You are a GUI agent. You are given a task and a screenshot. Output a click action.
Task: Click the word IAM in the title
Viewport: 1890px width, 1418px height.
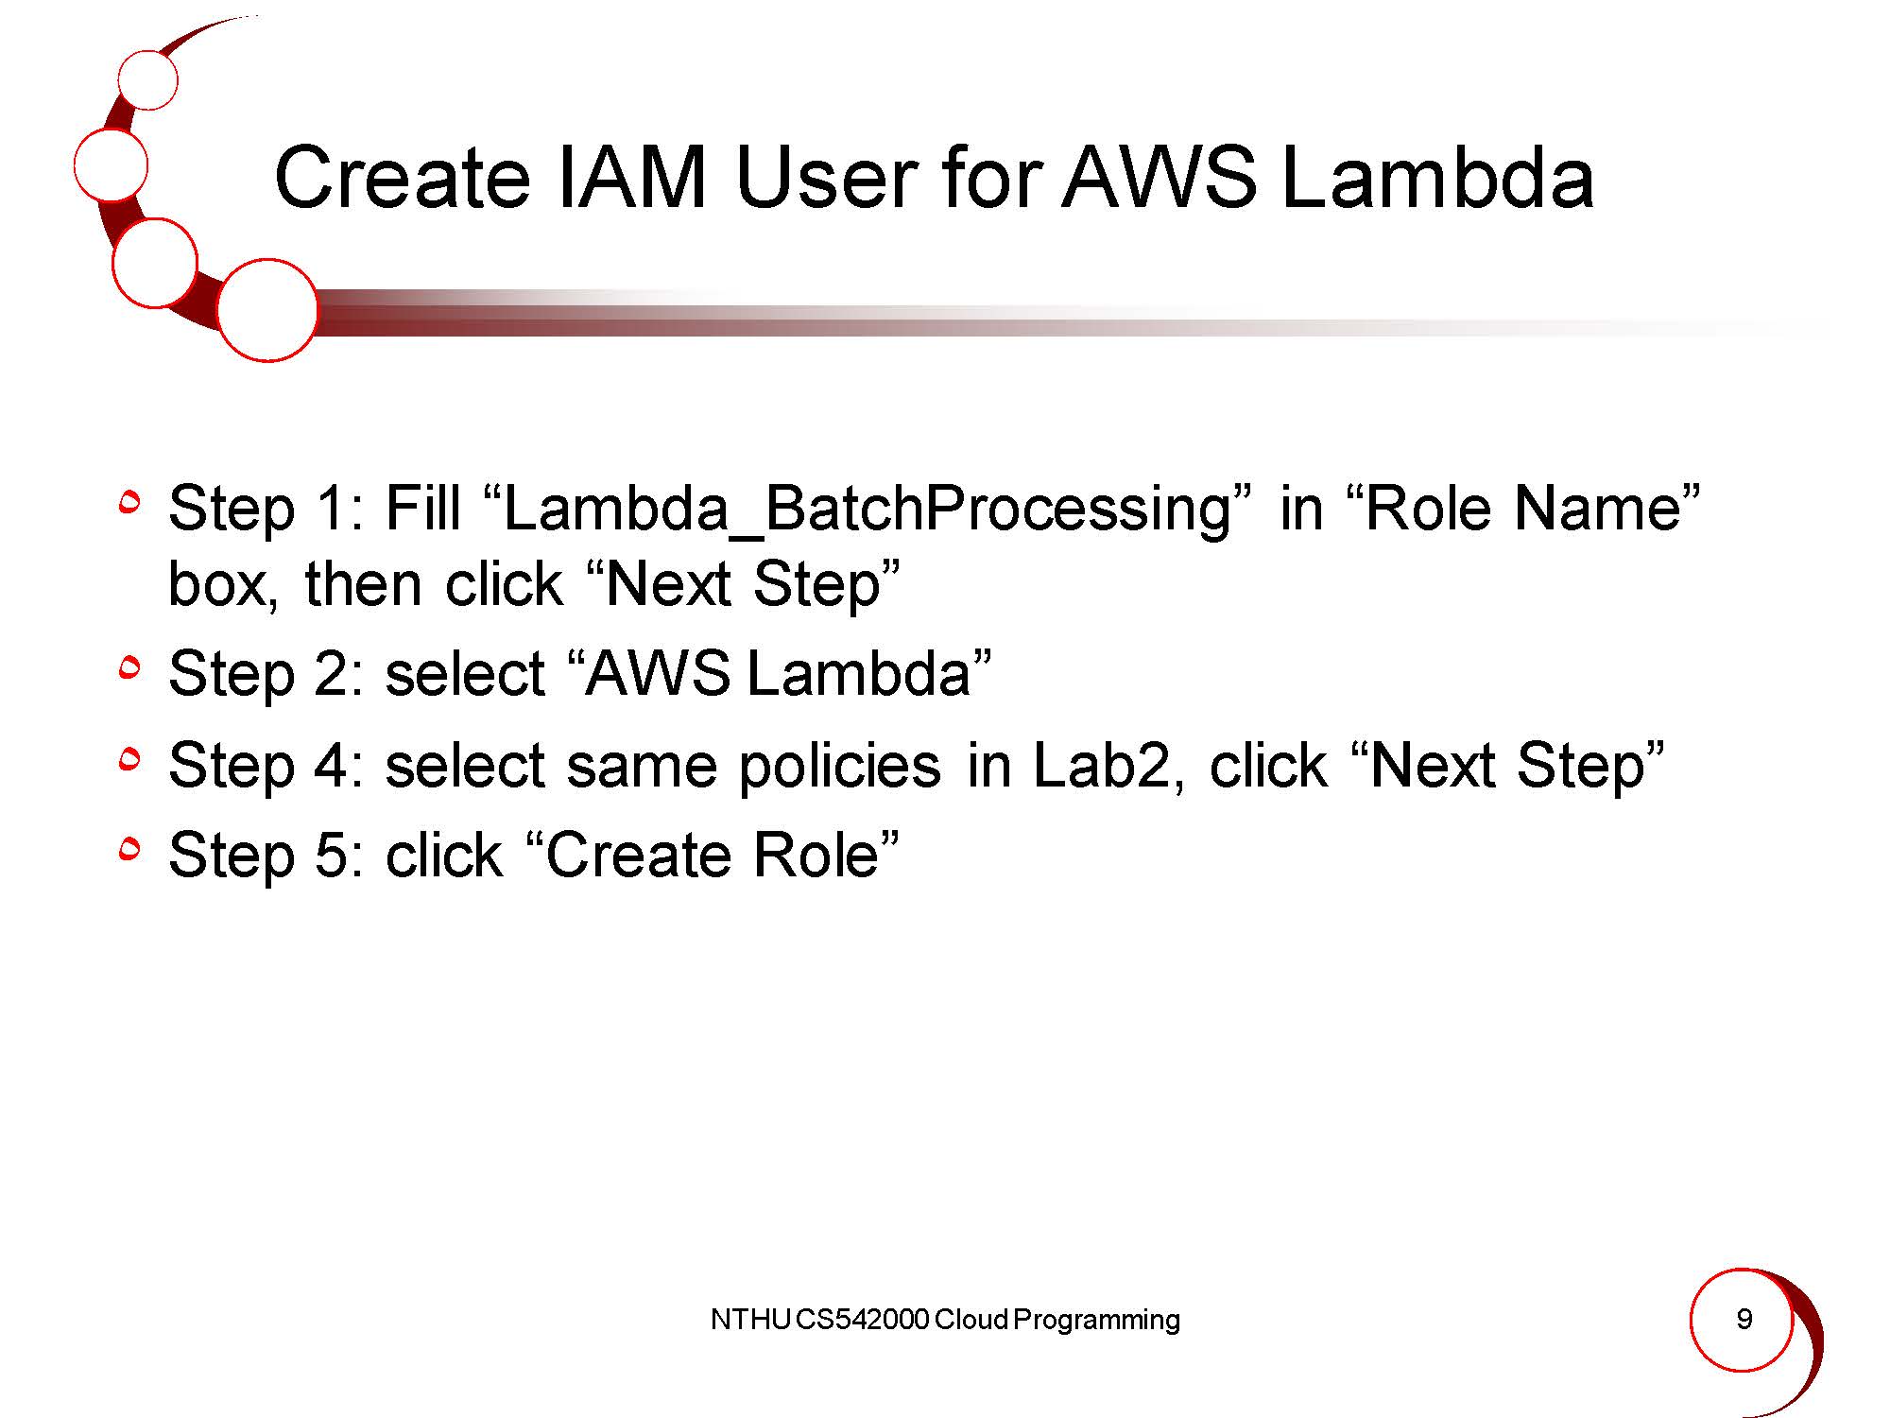pyautogui.click(x=632, y=178)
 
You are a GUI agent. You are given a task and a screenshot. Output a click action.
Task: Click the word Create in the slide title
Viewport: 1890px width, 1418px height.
pyautogui.click(x=402, y=178)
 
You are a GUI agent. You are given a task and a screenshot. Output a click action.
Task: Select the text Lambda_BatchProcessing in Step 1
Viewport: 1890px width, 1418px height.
pyautogui.click(x=868, y=510)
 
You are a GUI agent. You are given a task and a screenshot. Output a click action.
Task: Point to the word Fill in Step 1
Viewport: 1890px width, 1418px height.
pyautogui.click(x=422, y=508)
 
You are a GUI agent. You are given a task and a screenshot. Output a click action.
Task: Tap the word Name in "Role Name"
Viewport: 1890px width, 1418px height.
pyautogui.click(x=1597, y=508)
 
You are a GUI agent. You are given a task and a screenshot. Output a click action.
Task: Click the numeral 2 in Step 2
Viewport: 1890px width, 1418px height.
pyautogui.click(x=332, y=674)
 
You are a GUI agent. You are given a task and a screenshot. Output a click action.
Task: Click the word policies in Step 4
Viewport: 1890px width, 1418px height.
pyautogui.click(x=839, y=767)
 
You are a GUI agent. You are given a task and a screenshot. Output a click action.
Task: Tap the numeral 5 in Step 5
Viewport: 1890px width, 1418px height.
pyautogui.click(x=332, y=856)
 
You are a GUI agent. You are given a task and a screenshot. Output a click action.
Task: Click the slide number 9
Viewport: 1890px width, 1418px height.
pyautogui.click(x=1744, y=1319)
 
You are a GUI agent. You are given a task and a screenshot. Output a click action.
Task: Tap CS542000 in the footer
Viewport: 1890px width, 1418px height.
pyautogui.click(x=863, y=1320)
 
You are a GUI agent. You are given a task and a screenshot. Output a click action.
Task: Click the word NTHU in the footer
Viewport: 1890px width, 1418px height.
pyautogui.click(x=750, y=1320)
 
